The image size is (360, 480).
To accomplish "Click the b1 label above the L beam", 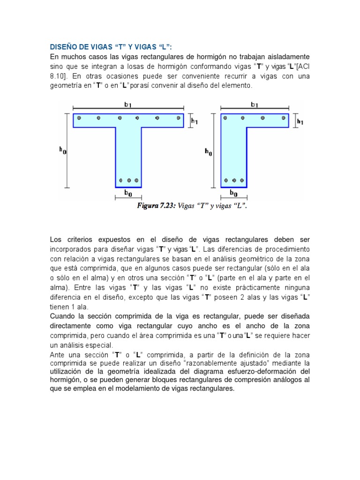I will click(255, 104).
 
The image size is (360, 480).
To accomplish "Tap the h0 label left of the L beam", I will click(208, 152).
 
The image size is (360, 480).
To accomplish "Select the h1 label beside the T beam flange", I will click(194, 121).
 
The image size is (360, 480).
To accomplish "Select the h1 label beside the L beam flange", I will click(300, 121).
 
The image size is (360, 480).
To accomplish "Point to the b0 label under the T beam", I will click(128, 193).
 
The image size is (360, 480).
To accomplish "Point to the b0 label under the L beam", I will click(233, 193).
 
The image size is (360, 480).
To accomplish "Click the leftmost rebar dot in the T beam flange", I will click(79, 118).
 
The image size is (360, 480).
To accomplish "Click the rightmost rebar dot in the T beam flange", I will click(179, 118).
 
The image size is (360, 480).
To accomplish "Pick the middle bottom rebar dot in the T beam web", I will click(128, 180).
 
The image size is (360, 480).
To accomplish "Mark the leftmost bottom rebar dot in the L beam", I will click(226, 180).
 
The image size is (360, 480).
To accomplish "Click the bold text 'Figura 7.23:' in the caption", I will click(156, 205).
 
